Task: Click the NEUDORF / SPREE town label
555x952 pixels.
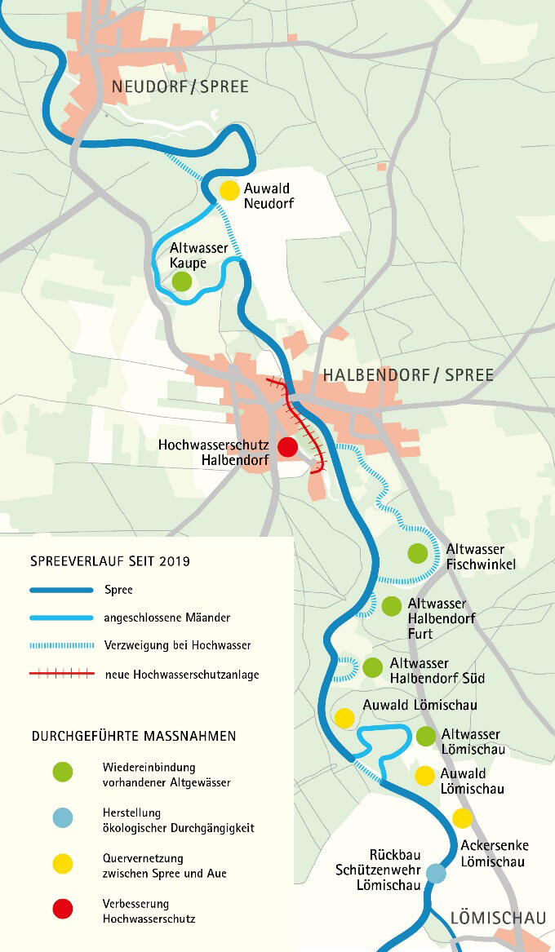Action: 180,86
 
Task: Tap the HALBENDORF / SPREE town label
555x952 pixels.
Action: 408,375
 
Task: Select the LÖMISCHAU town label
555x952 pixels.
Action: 497,919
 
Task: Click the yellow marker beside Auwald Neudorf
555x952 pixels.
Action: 229,190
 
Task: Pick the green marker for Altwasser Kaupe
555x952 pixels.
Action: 182,281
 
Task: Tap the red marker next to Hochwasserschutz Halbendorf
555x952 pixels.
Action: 287,447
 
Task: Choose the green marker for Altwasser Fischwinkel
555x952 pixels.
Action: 417,553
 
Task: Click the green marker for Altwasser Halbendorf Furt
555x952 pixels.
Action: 392,606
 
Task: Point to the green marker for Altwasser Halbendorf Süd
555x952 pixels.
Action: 372,667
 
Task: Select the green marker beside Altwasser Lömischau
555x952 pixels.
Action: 425,736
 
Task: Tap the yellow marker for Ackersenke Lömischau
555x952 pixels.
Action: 462,818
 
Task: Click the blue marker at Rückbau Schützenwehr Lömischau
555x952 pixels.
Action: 436,874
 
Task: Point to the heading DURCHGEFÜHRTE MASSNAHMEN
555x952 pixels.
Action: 134,736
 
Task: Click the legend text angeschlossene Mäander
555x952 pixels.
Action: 166,618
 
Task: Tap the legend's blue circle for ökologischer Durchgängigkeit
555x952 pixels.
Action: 62,817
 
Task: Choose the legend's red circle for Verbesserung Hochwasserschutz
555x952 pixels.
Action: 62,909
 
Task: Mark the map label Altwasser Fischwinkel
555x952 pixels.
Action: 480,556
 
